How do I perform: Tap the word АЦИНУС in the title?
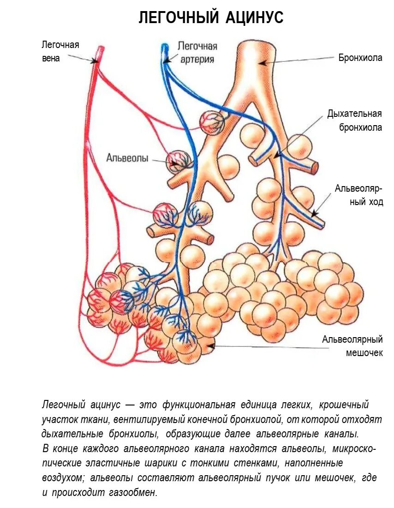tap(255, 18)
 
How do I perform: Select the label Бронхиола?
tap(360, 58)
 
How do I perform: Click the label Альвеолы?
tap(127, 158)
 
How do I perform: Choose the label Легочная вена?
tap(60, 52)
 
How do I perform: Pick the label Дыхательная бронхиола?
tap(354, 121)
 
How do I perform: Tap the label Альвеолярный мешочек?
tap(352, 346)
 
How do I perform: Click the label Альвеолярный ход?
tap(359, 195)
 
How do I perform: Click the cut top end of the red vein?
tap(99, 48)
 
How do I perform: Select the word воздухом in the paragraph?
tap(64, 478)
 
